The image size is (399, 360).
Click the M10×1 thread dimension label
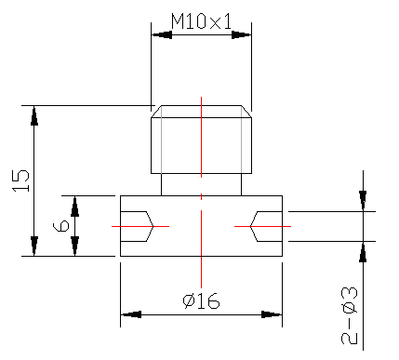pyautogui.click(x=201, y=21)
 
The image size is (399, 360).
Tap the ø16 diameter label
pyautogui.click(x=201, y=300)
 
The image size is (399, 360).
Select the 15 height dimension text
pyautogui.click(x=20, y=180)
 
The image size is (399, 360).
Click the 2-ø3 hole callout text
pyautogui.click(x=350, y=315)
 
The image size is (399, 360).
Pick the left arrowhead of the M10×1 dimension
pyautogui.click(x=162, y=34)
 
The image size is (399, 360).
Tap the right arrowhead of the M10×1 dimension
pyautogui.click(x=241, y=34)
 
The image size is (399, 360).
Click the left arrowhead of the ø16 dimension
pyautogui.click(x=131, y=314)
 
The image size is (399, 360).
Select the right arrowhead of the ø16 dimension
pyautogui.click(x=272, y=314)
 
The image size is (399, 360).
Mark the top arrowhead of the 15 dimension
pyautogui.click(x=34, y=115)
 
